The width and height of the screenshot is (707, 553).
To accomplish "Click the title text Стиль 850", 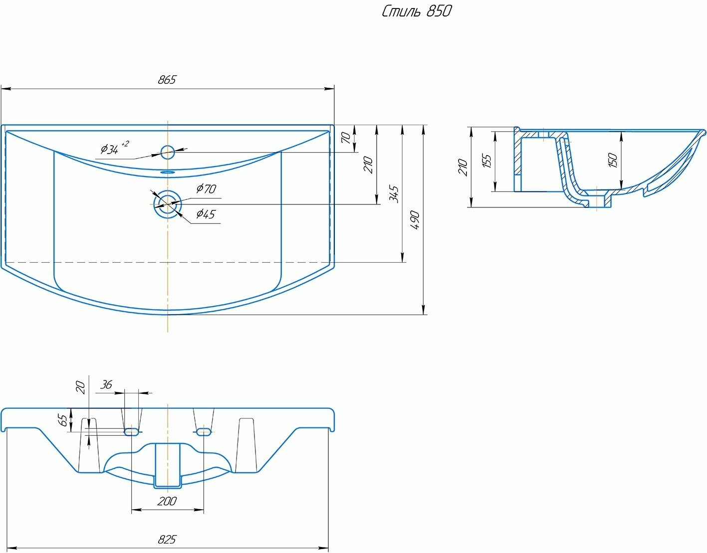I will [x=417, y=11].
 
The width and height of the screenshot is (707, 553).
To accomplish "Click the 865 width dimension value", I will [x=167, y=80].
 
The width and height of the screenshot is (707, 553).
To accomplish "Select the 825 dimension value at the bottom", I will [x=167, y=540].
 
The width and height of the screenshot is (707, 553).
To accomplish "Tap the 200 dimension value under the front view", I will [x=167, y=501].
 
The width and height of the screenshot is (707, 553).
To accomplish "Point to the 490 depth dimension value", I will [x=415, y=220].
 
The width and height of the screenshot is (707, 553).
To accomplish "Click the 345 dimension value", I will [x=394, y=194].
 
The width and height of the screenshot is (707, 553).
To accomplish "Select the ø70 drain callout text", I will [x=206, y=188].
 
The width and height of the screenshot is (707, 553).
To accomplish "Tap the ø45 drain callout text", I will [x=205, y=214].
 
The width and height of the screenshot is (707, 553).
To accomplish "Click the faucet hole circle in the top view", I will [x=168, y=152].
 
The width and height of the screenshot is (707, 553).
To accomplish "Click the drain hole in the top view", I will [x=168, y=203].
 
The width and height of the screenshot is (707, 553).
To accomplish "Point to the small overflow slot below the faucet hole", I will [x=168, y=172].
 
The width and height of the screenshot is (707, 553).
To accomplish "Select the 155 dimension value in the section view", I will [x=487, y=161].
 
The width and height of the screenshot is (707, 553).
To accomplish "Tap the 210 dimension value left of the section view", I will [x=463, y=167].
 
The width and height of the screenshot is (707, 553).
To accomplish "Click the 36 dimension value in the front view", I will [x=106, y=384].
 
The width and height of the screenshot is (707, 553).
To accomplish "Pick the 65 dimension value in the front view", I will [x=63, y=420].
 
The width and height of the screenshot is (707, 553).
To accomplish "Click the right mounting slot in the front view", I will [x=204, y=431].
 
